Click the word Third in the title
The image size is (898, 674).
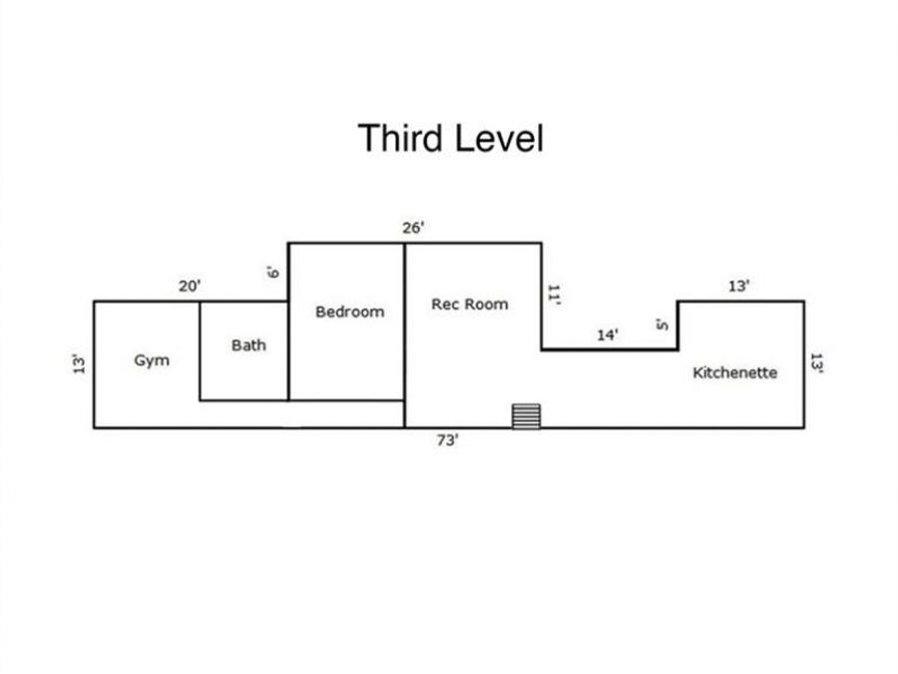(401, 138)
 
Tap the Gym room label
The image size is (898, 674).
(152, 361)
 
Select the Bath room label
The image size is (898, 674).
(248, 345)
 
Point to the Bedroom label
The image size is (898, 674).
(350, 312)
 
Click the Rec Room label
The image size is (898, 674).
(470, 305)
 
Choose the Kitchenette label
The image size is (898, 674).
(735, 372)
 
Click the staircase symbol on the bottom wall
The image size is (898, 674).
(526, 416)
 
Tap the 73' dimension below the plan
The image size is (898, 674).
(448, 440)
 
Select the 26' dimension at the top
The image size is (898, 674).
(413, 228)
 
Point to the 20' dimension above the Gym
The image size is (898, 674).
(190, 286)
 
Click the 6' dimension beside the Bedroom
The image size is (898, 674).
(273, 273)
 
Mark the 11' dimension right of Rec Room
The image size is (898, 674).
(553, 295)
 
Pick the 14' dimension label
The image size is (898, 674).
(608, 335)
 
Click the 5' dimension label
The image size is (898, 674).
(663, 325)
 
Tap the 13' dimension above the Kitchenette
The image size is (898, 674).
(738, 286)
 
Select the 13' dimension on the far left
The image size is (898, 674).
(79, 363)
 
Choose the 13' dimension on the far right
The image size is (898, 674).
(816, 363)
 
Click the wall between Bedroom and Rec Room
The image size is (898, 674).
(404, 336)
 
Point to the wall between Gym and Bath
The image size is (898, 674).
(200, 350)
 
